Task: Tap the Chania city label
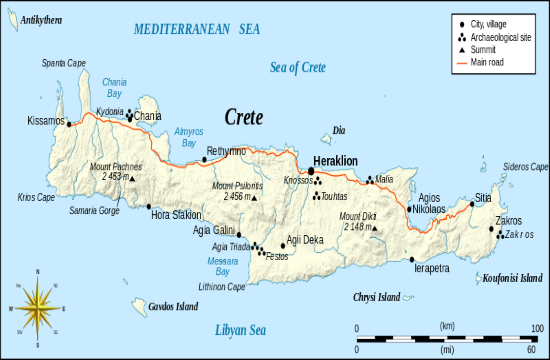click(148, 115)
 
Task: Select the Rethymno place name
click(225, 151)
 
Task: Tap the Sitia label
click(483, 198)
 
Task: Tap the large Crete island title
click(244, 117)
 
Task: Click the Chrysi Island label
click(376, 297)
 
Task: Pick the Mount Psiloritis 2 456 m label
click(237, 192)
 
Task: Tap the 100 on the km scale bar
click(537, 327)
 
